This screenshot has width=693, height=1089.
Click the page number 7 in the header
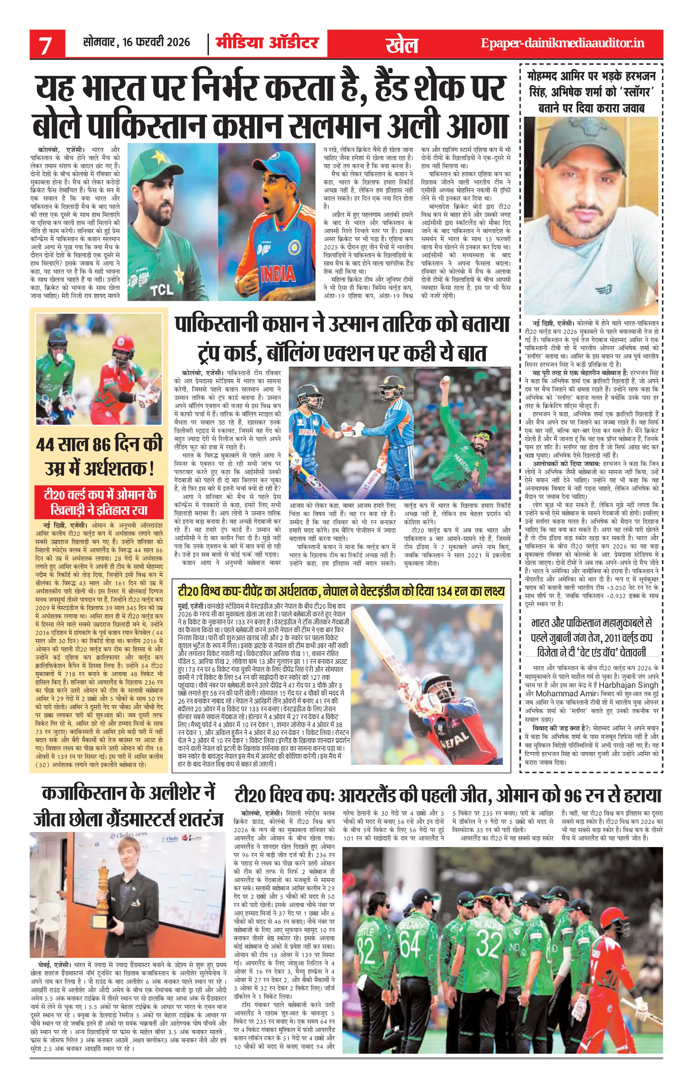pos(45,46)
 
